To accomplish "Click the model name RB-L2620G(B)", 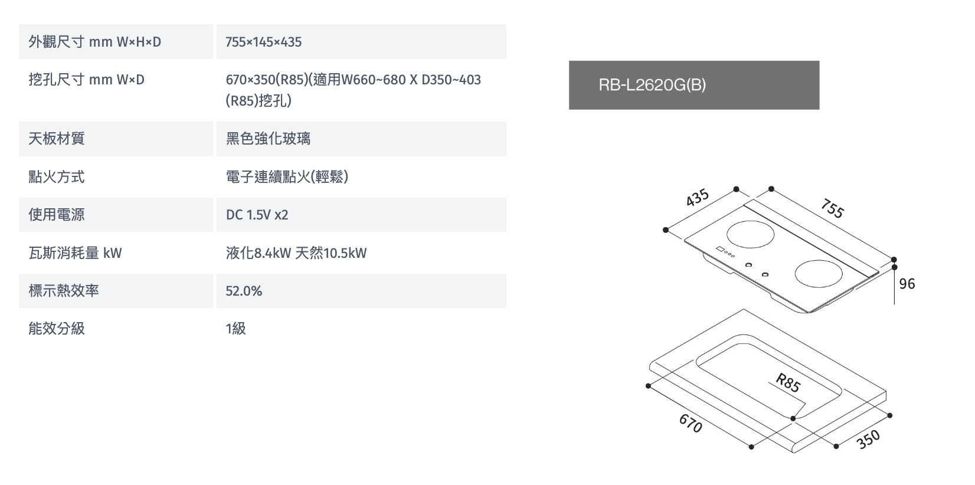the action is click(x=652, y=85).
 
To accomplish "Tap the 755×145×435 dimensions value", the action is click(x=263, y=42).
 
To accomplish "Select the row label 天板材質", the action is click(x=57, y=139).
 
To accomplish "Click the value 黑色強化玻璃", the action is click(x=268, y=139).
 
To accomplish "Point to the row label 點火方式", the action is click(x=57, y=177).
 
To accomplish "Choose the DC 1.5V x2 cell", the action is click(x=257, y=215).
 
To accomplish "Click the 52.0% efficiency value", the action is click(x=244, y=291).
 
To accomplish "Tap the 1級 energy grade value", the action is click(x=235, y=329).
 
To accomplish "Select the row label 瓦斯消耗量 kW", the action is click(x=76, y=253).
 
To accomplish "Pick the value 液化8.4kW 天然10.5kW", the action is click(x=296, y=253).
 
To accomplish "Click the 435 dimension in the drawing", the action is click(x=697, y=198).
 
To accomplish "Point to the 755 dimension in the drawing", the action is click(x=833, y=208).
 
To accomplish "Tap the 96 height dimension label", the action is click(x=907, y=284).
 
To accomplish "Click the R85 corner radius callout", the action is click(x=788, y=383).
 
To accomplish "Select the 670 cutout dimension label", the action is click(x=691, y=423).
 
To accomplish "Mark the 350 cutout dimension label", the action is click(x=868, y=439).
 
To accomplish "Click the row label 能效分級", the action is click(x=57, y=329).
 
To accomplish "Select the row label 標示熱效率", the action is click(x=64, y=291).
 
